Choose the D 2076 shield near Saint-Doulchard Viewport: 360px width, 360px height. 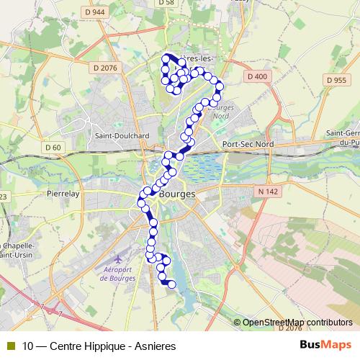105,68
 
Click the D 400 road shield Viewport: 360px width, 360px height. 256,76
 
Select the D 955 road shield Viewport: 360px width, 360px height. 336,80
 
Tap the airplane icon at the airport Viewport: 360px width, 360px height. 117,257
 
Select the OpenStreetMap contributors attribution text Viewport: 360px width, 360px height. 297,323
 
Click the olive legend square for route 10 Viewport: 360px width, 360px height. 11,346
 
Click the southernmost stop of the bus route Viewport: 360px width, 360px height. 172,284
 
